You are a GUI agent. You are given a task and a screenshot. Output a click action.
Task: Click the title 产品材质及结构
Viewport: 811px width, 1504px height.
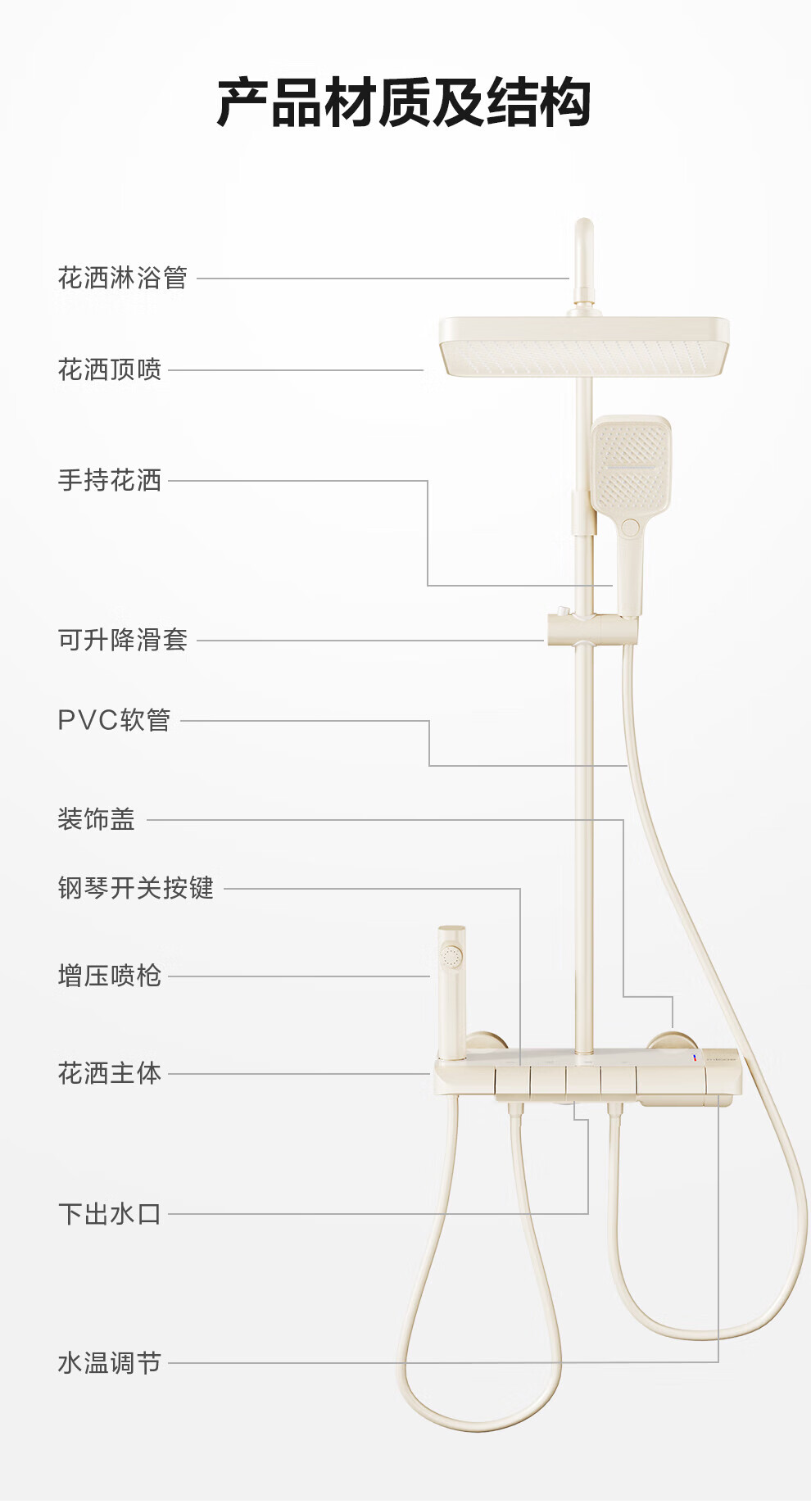point(404,102)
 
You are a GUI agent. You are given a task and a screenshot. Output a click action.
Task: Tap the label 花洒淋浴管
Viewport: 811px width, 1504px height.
point(123,278)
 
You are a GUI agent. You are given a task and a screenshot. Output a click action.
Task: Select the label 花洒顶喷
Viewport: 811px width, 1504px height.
point(110,369)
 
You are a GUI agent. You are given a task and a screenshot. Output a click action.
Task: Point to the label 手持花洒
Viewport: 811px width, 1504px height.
point(110,480)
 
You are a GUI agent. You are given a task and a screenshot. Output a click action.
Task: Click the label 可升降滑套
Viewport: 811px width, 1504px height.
point(123,640)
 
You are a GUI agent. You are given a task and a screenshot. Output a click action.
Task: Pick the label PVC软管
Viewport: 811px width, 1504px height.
point(114,720)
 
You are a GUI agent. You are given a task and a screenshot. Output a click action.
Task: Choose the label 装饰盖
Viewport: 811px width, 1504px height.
point(97,819)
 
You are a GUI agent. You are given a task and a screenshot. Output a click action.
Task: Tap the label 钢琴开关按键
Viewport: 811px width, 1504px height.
point(136,888)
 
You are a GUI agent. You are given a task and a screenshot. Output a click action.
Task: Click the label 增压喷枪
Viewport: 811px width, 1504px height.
point(110,976)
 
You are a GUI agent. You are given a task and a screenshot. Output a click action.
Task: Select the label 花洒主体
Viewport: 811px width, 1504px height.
point(110,1073)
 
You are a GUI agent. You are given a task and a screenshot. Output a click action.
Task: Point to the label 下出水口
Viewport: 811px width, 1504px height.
point(110,1214)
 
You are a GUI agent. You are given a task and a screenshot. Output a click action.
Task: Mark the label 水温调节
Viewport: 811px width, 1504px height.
point(110,1363)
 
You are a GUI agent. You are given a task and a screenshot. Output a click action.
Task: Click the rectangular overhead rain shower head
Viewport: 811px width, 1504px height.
point(584,347)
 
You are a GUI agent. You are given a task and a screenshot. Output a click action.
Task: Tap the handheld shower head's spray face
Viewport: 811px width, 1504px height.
point(631,464)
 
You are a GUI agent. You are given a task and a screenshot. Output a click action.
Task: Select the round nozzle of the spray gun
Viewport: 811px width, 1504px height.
point(451,956)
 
